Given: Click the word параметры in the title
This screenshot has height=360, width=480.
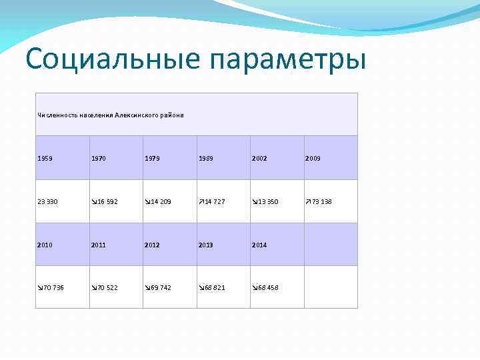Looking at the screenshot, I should point(288,60).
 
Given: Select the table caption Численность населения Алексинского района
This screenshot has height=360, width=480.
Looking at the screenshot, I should point(110,115).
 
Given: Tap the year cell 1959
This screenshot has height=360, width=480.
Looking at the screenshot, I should point(46,159).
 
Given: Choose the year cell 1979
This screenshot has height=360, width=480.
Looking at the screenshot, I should point(153,159).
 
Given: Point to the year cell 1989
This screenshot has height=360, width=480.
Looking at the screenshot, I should point(207,159).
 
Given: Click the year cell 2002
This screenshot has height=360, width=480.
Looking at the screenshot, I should point(261,159).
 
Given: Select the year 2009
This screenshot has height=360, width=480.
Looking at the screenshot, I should point(313,159).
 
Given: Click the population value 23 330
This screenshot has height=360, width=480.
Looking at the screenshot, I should point(49,201).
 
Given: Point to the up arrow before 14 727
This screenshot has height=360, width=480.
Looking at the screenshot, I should point(201,201).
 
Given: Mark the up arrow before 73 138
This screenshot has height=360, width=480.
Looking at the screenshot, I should point(307,201).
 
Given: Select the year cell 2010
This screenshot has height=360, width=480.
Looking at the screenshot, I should point(46,245).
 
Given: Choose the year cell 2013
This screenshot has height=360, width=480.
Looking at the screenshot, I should point(207,245).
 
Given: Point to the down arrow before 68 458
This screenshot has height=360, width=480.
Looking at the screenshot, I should point(254,287).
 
